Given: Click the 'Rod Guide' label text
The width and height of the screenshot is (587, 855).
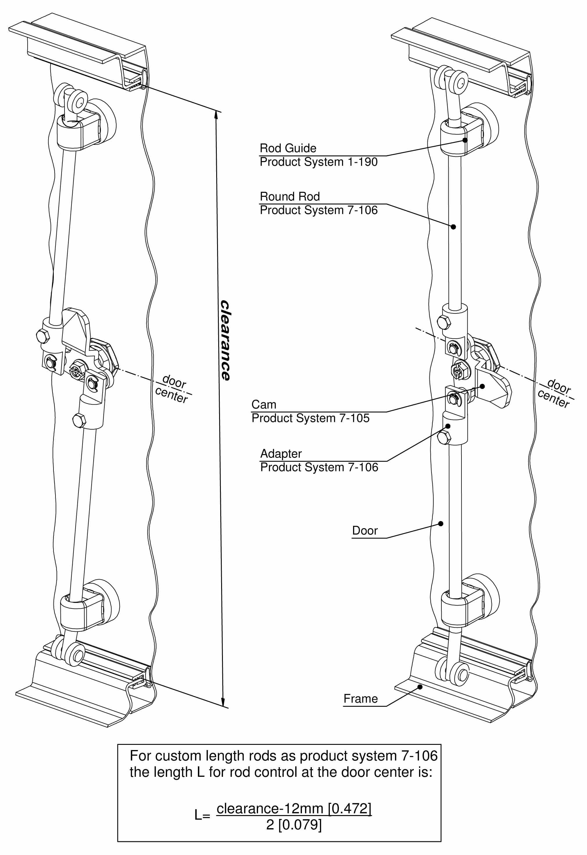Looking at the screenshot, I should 288,148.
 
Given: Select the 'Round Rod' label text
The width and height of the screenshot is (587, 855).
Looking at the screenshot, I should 290,197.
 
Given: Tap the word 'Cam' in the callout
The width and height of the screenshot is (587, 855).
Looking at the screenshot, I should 264,404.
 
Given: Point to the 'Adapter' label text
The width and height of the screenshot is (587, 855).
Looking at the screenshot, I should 281,453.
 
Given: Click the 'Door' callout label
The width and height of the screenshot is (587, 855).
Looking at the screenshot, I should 365,530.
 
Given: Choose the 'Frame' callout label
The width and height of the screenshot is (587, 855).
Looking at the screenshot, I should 360,698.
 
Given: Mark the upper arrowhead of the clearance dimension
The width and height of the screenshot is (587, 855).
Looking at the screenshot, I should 216,115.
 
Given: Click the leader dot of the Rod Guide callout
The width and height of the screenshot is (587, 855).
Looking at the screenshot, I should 465,140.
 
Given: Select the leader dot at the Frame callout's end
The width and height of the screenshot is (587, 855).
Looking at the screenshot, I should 420,686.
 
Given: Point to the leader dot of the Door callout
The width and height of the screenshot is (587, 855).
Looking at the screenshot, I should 441,524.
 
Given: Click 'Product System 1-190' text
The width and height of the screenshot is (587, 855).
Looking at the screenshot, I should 318,162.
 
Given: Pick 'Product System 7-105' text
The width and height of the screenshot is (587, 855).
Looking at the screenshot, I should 310,418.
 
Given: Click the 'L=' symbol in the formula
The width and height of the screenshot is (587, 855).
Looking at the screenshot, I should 202,816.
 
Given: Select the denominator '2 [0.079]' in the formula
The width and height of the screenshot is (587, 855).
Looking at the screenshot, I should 294,825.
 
